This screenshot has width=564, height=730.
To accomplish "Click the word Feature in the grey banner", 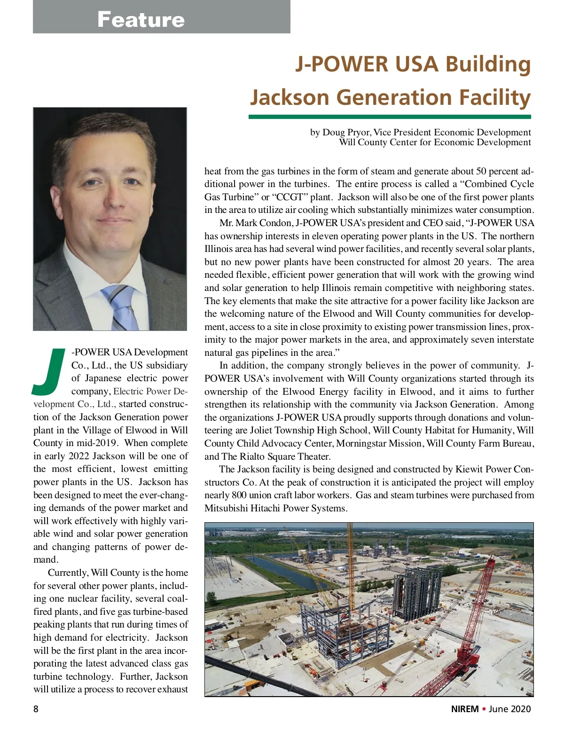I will [141, 20].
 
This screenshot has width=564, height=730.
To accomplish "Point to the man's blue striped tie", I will [121, 306].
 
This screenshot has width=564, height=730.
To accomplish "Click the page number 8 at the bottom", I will [36, 709].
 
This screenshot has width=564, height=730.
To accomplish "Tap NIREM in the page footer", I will [465, 709].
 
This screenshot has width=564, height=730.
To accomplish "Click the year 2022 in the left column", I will [78, 456].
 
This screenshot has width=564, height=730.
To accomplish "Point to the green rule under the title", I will [390, 117].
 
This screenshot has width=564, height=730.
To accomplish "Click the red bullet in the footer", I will [484, 709].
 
